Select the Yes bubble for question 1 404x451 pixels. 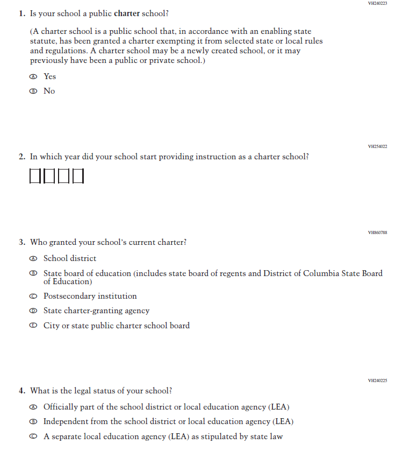(x=33, y=77)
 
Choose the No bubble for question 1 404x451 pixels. (x=33, y=91)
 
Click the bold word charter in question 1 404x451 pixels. (x=127, y=13)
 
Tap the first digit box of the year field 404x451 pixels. (x=35, y=176)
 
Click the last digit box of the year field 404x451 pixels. (x=78, y=176)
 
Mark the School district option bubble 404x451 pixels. (x=33, y=259)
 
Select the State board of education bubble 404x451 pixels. (x=33, y=273)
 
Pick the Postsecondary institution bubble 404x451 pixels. (x=33, y=297)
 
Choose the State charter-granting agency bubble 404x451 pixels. (x=33, y=311)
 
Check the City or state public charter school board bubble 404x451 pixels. (x=33, y=326)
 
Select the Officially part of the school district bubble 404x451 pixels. (x=33, y=407)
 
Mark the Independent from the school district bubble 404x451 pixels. (x=33, y=422)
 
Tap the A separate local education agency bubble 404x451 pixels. (x=33, y=436)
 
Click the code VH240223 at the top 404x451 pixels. (x=377, y=3)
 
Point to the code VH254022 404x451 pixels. (x=377, y=146)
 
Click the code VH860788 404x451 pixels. (x=377, y=232)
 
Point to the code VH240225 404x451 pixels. (x=377, y=380)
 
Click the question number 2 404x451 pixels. (x=21, y=157)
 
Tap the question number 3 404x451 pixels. (x=21, y=243)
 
